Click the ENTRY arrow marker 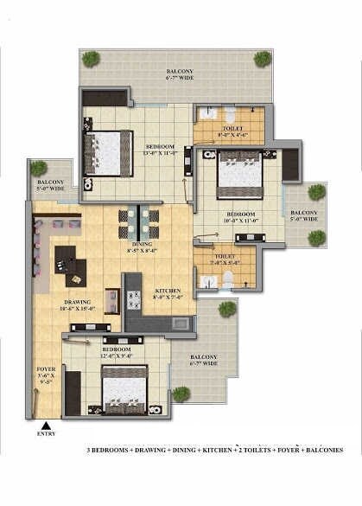pos(45,425)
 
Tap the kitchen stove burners pos(134,300)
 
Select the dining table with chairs pos(138,223)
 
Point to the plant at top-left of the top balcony pos(91,59)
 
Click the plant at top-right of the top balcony pos(263,59)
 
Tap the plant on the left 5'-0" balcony pos(39,169)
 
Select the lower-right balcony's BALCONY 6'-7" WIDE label pos(203,361)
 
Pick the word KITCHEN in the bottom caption pos(232,451)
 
